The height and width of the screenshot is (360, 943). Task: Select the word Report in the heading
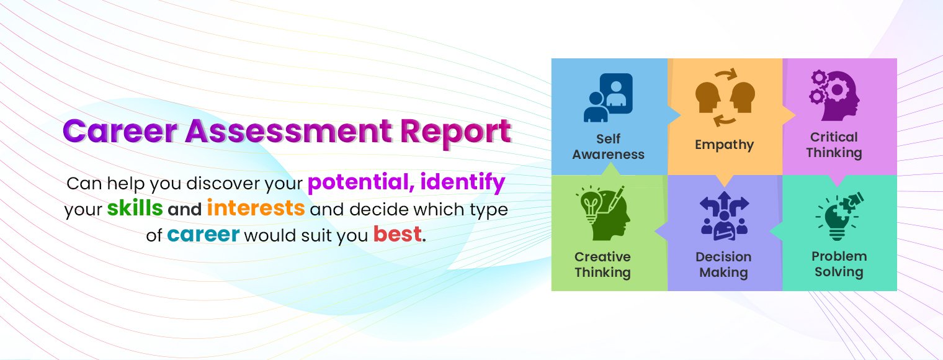(456, 132)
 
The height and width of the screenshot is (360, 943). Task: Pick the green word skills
(135, 209)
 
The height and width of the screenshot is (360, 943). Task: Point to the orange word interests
(256, 209)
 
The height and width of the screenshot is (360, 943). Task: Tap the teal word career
(203, 235)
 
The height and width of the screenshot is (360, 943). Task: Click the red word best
(397, 235)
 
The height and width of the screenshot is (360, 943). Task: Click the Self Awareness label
(608, 146)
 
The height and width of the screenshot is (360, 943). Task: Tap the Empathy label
(724, 145)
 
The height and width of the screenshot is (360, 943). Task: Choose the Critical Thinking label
(834, 145)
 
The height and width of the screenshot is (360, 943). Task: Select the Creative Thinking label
(602, 264)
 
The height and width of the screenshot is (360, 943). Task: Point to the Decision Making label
(723, 264)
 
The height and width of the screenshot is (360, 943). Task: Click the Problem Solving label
(839, 264)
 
